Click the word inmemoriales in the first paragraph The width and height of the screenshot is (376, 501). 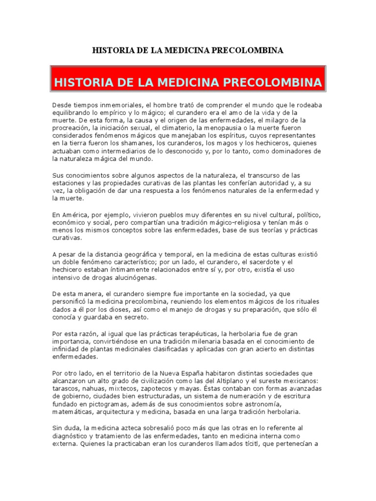pos(112,105)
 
